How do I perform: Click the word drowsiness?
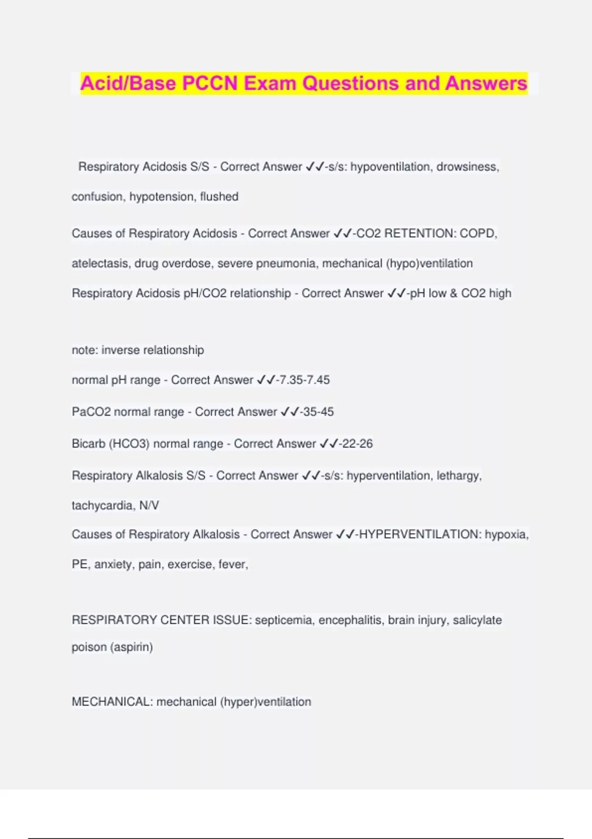(x=467, y=167)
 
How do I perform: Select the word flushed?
(x=219, y=196)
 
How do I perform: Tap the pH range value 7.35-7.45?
(x=304, y=380)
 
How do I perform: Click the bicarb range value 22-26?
(x=357, y=444)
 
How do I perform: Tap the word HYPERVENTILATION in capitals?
(x=418, y=534)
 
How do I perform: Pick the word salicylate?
(x=477, y=620)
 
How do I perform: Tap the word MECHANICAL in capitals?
(x=112, y=702)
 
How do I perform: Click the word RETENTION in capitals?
(x=420, y=233)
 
